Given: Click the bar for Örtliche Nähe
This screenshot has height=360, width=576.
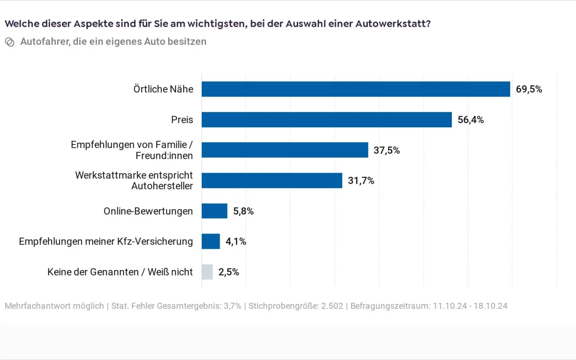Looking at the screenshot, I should point(355,89).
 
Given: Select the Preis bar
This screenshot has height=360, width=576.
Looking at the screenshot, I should point(326,120).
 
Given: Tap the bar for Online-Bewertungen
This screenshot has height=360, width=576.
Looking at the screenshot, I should point(215,211).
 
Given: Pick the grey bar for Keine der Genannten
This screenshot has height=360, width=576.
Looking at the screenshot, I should point(207,272).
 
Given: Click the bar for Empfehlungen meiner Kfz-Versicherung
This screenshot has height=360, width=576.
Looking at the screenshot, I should point(211,241).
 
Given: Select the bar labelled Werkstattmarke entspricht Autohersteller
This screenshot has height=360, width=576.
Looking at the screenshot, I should point(272,180).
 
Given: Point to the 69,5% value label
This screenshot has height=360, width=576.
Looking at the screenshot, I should point(529,89).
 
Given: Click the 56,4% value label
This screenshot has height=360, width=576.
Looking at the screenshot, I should point(471,120).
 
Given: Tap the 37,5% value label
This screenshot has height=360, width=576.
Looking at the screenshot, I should point(387,150).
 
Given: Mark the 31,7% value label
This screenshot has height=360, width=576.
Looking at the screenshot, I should point(361,181).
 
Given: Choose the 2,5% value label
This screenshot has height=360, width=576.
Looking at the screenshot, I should point(229,272).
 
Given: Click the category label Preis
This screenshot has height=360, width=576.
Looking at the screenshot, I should point(182,120).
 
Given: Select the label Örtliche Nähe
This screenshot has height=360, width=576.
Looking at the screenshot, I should point(163,89).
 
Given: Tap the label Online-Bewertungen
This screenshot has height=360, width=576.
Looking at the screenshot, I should point(148,211).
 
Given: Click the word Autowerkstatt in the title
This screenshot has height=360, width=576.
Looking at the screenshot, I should point(392,24).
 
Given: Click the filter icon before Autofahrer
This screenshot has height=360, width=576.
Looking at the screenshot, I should point(10,42).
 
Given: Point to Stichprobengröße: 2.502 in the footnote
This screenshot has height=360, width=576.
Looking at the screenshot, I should point(296,306).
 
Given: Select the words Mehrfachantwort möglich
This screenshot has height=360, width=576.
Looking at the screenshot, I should point(54,306).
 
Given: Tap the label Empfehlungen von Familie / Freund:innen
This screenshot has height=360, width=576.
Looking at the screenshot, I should point(132,150).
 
